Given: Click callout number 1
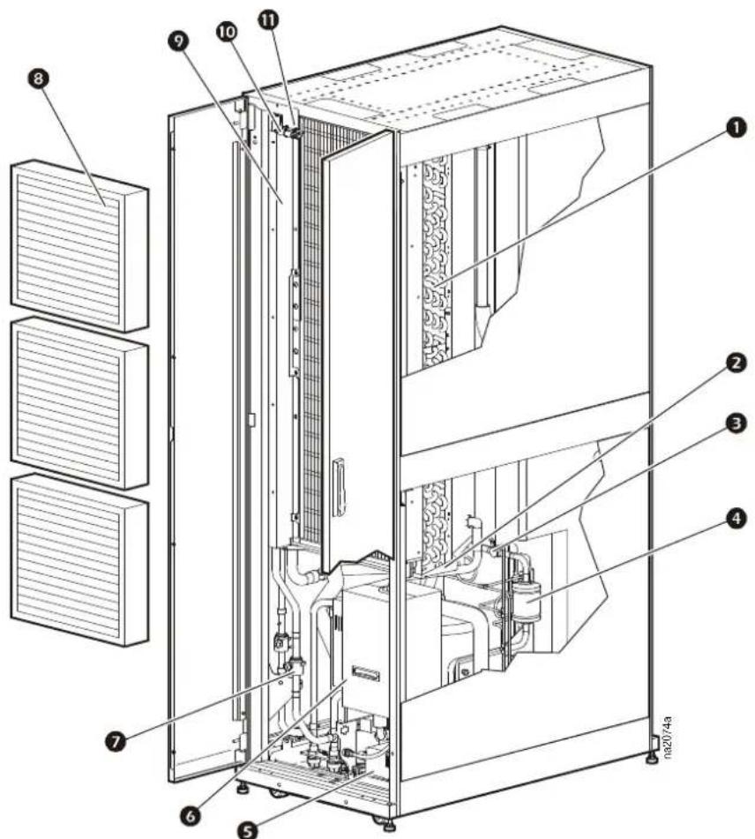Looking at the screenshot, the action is click(x=736, y=129).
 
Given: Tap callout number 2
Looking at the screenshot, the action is click(x=736, y=363).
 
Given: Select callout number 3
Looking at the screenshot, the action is click(x=736, y=423).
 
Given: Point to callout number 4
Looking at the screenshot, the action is click(x=736, y=519).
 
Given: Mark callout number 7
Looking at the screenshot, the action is click(x=116, y=742).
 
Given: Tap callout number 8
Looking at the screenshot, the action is click(x=39, y=79).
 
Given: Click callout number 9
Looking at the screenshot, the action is click(x=178, y=41).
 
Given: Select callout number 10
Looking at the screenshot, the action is click(x=227, y=32).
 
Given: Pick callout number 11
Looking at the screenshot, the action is click(x=268, y=19).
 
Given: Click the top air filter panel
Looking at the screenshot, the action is click(x=79, y=245).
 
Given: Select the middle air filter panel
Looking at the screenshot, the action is click(x=79, y=402).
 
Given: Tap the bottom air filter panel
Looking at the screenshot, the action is click(x=79, y=559).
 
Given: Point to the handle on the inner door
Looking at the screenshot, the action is click(x=337, y=487).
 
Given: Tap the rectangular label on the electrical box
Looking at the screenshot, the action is click(x=365, y=673).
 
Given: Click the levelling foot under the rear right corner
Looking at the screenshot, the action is click(x=651, y=757).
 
